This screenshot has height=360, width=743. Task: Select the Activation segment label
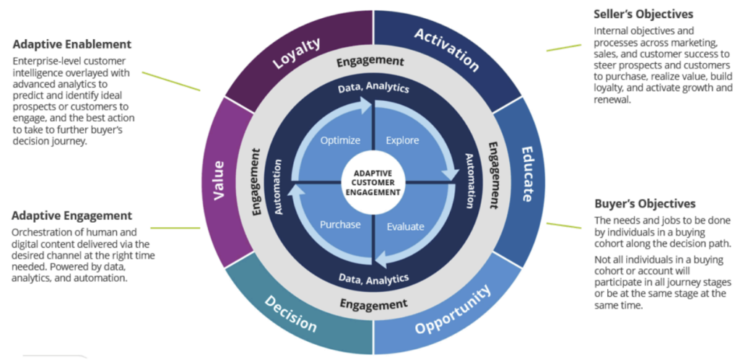click(x=446, y=49)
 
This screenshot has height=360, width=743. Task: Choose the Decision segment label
click(x=290, y=313)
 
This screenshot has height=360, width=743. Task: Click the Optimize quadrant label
click(x=340, y=140)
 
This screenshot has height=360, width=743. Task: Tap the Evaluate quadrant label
click(x=405, y=226)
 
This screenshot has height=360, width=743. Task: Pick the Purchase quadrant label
click(x=340, y=224)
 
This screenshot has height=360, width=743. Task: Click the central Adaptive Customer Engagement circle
click(x=372, y=182)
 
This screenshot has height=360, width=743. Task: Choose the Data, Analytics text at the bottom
click(x=373, y=278)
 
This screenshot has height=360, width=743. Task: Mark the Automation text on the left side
click(x=279, y=191)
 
